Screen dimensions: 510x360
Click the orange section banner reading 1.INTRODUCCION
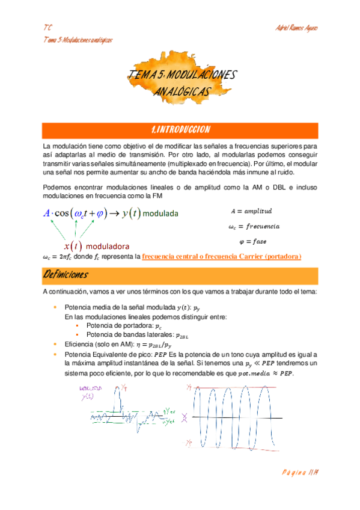180,130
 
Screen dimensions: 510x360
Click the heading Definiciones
66,275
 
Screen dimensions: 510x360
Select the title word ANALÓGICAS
182,91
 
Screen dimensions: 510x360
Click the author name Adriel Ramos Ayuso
296,28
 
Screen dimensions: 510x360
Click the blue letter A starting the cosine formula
47,213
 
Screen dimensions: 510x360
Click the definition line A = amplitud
251,211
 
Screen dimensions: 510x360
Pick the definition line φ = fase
252,241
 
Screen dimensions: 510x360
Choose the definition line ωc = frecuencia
254,226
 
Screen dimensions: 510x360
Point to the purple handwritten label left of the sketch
90,393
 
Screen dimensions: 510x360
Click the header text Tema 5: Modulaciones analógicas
79,40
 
